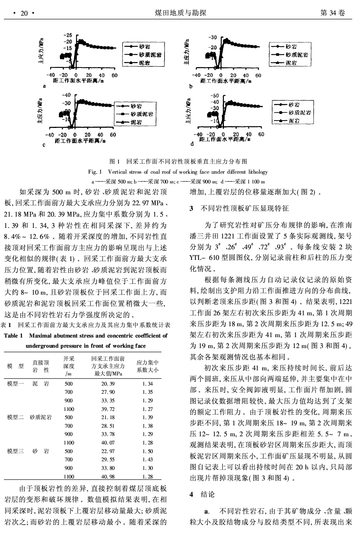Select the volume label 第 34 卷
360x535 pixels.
click(332, 13)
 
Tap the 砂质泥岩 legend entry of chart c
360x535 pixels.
click(142, 114)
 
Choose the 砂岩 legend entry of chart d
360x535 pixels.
click(294, 105)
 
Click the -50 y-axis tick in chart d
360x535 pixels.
click(215, 95)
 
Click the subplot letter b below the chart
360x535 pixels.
click(191, 87)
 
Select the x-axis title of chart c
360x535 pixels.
click(79, 140)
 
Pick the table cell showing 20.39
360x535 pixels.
click(108, 384)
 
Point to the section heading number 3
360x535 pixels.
click(191, 209)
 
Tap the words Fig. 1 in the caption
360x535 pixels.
click(94, 172)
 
